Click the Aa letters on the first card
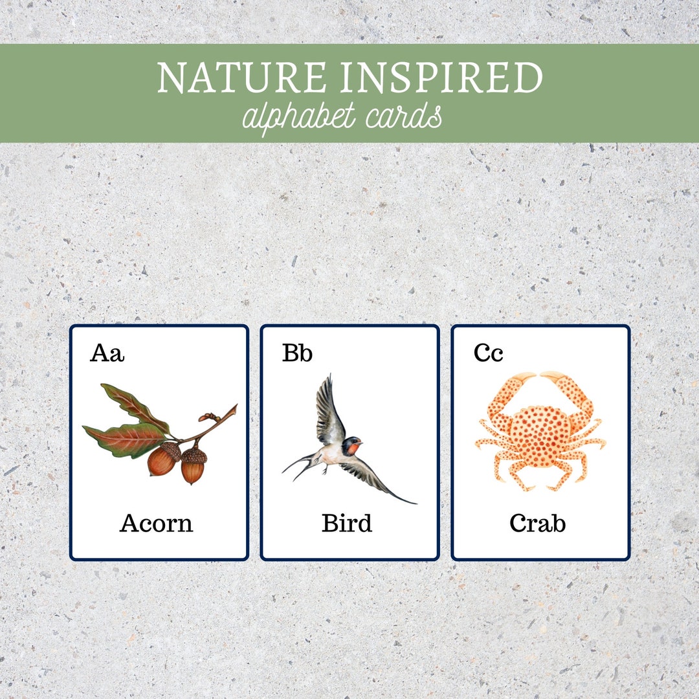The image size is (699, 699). [x=107, y=353]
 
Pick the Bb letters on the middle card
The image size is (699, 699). [x=297, y=353]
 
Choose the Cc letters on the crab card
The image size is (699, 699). [x=488, y=353]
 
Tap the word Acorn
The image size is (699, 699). [x=156, y=523]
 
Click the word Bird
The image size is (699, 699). [x=347, y=523]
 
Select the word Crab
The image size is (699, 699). [x=537, y=523]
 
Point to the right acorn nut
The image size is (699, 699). [x=193, y=466]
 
